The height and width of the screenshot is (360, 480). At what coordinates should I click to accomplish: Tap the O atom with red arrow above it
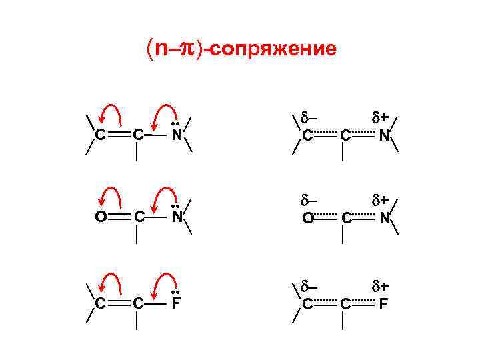pos(99,217)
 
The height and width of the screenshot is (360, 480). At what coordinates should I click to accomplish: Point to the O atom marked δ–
pos(307,217)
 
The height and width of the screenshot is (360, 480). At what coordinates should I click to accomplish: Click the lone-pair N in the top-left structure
pos(176,135)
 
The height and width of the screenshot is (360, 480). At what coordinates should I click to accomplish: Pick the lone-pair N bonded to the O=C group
pos(176,217)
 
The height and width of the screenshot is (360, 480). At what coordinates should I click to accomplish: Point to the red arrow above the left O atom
pos(110,196)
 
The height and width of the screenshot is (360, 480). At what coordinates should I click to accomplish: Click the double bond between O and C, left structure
pos(118,217)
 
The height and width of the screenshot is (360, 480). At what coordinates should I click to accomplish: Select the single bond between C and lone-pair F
pos(157,304)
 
